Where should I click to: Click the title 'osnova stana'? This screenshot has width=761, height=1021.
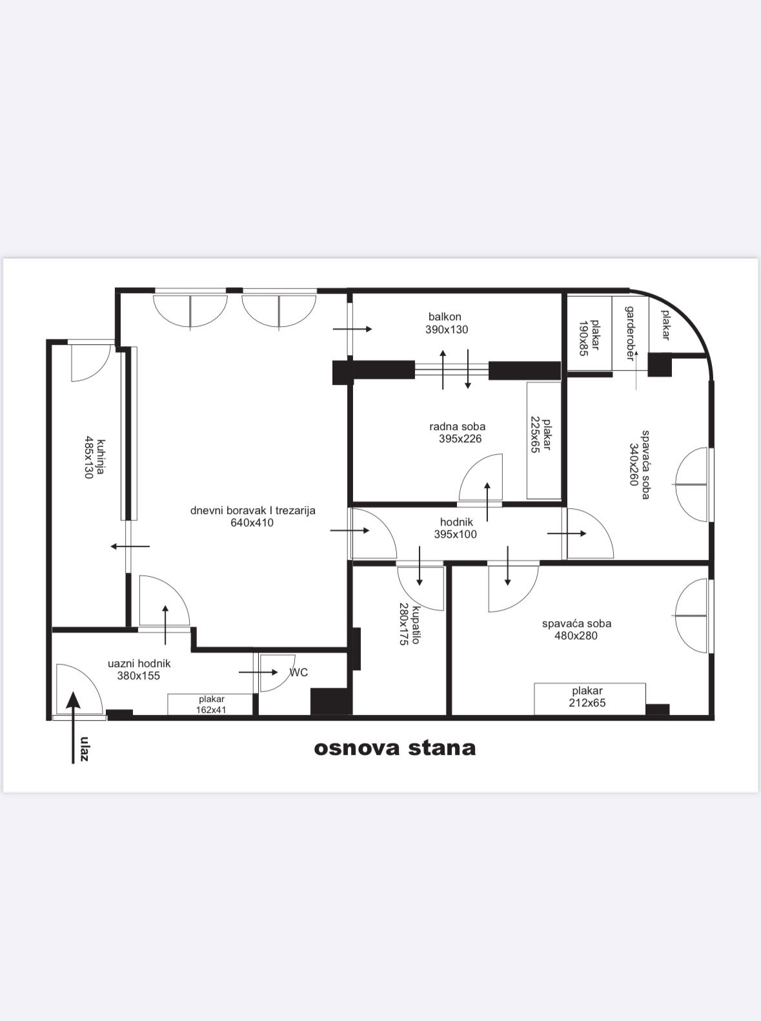(x=394, y=748)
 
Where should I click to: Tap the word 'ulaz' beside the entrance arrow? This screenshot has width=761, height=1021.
(x=84, y=749)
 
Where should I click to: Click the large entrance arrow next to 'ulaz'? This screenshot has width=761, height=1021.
(x=73, y=728)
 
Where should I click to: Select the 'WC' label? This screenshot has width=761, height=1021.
(x=298, y=673)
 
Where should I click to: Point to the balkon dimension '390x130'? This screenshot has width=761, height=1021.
(x=446, y=330)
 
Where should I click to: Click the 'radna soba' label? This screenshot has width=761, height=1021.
(x=457, y=426)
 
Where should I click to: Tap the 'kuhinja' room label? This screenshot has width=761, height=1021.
(x=101, y=458)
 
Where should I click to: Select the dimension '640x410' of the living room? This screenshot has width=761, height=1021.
(x=252, y=523)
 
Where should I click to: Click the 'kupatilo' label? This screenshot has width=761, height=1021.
(x=416, y=624)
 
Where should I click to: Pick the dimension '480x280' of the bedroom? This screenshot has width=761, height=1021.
(x=576, y=635)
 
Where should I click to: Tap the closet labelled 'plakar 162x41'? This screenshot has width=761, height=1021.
(x=210, y=705)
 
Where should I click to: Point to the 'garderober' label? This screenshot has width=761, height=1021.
(x=630, y=333)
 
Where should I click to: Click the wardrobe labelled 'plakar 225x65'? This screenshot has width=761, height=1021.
(x=543, y=440)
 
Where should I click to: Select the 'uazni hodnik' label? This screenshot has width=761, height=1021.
(x=139, y=664)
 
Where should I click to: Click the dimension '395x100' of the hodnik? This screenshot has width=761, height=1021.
(x=455, y=535)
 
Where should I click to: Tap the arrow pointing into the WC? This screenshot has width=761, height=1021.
(x=258, y=672)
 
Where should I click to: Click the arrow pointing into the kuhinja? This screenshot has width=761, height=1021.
(x=130, y=546)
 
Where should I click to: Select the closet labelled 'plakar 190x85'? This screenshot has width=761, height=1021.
(x=589, y=333)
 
